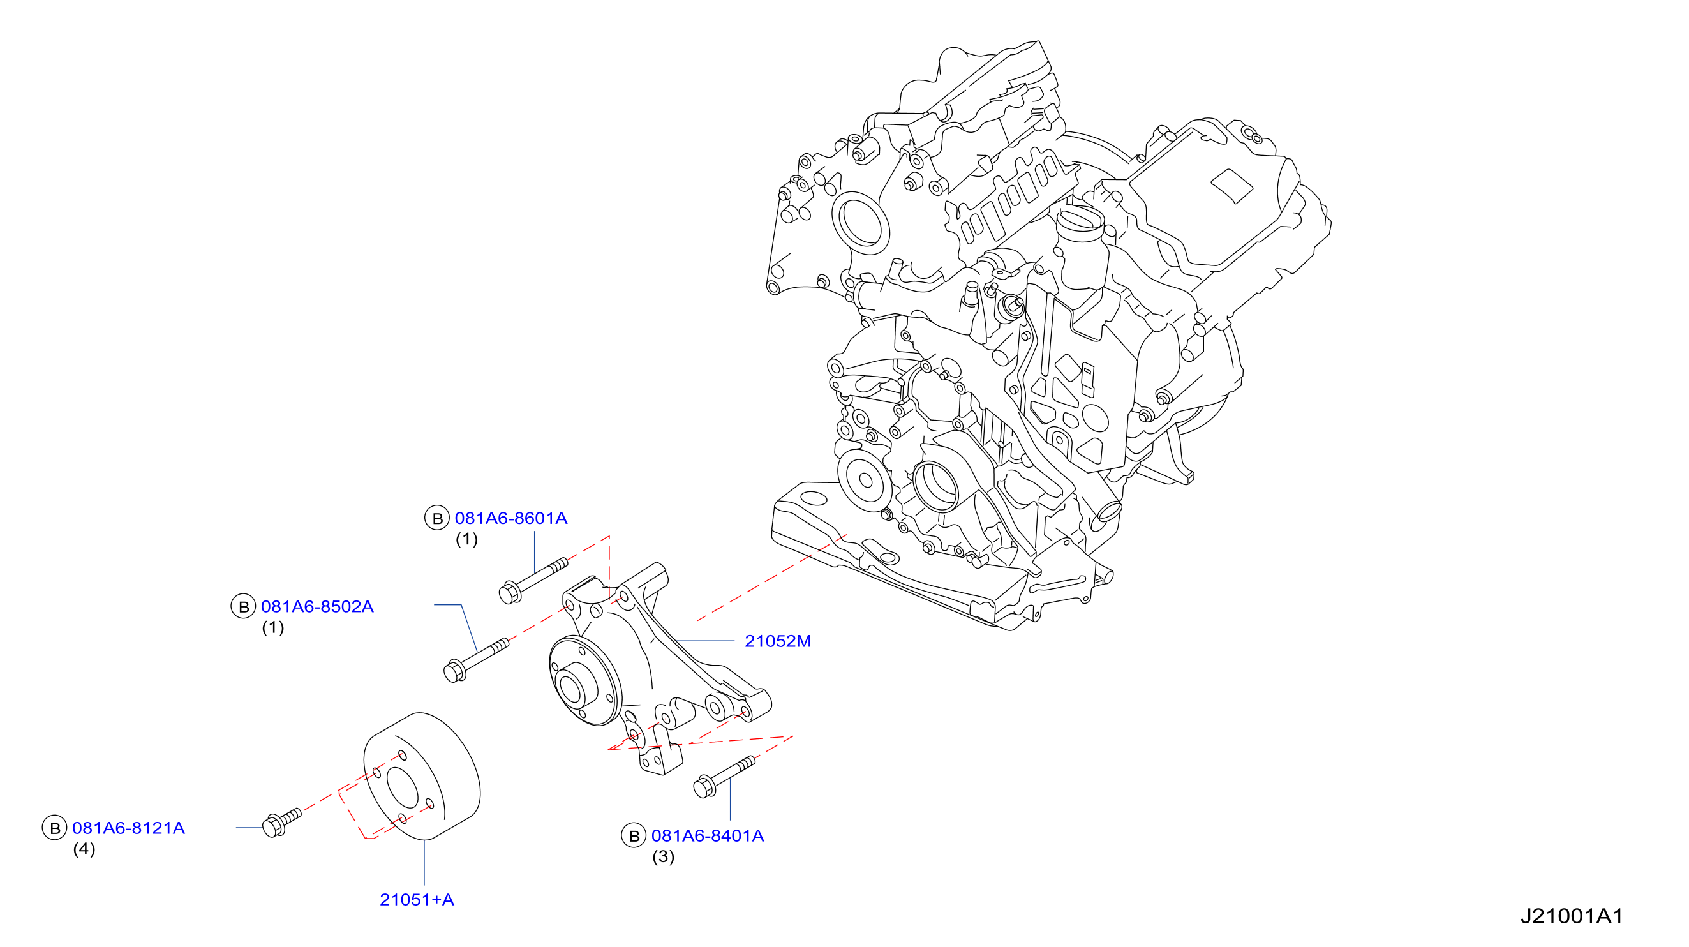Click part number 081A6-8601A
click(x=510, y=518)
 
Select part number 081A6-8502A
click(x=317, y=607)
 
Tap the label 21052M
click(x=778, y=641)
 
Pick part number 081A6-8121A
click(x=128, y=828)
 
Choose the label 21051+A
click(x=417, y=900)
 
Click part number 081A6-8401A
click(x=708, y=836)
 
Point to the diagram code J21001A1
click(x=1572, y=916)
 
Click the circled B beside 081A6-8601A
click(x=436, y=518)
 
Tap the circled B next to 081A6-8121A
click(x=54, y=828)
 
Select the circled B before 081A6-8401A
click(x=634, y=836)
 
